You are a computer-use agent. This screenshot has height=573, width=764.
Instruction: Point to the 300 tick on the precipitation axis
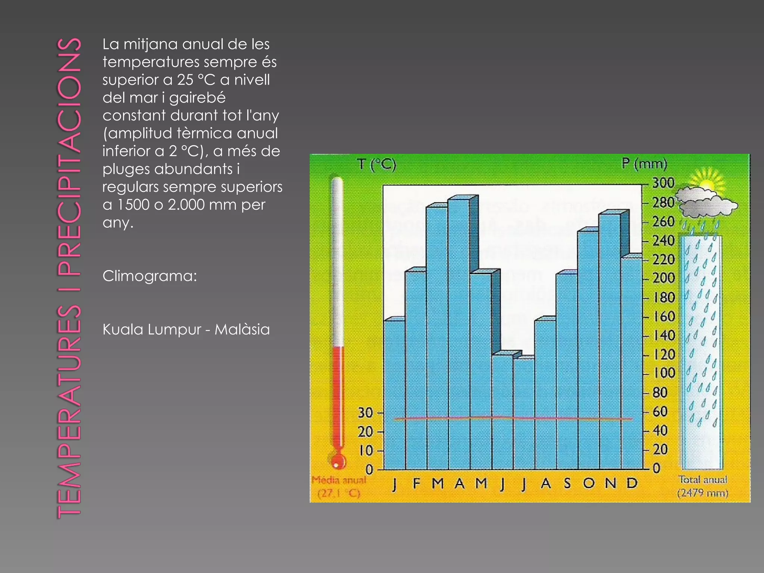(663, 183)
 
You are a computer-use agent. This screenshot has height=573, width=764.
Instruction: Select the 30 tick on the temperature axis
(365, 413)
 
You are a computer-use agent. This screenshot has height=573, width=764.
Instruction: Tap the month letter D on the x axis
(632, 483)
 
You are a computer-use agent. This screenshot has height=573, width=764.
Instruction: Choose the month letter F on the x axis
(416, 483)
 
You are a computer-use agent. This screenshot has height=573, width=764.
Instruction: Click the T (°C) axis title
(376, 164)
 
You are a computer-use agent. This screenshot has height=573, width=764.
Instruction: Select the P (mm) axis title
(644, 163)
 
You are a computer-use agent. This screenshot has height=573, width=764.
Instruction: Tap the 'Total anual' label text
(703, 480)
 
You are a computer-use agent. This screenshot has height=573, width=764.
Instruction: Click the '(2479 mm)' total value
(703, 493)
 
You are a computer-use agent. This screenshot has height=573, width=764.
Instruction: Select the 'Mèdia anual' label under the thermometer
(339, 480)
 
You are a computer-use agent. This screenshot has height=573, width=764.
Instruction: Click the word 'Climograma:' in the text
(150, 276)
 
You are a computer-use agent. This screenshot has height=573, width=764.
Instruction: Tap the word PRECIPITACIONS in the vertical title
(69, 157)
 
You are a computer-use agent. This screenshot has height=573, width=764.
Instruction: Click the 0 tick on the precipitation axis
(657, 468)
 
